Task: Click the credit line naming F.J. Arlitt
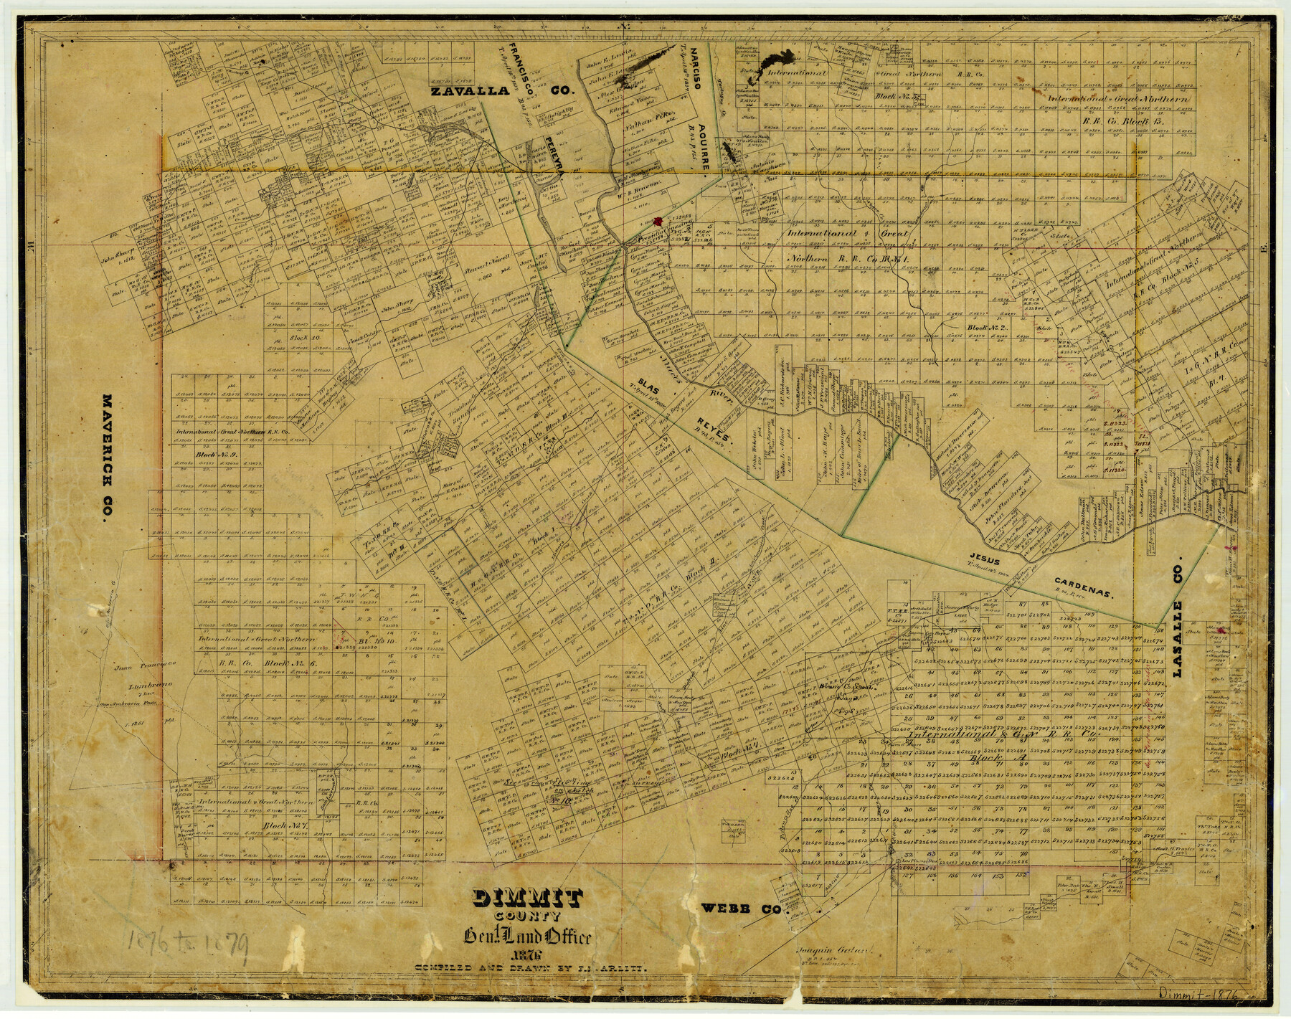click(532, 968)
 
